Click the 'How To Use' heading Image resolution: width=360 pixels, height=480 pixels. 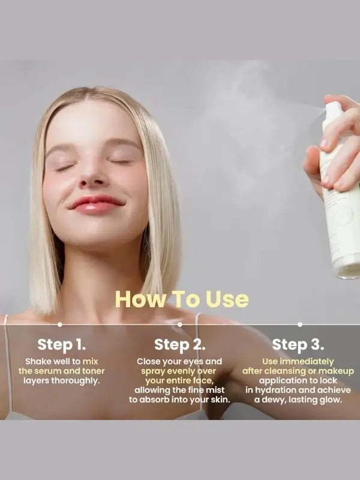click(x=181, y=299)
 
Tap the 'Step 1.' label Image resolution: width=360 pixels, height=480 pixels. click(x=62, y=344)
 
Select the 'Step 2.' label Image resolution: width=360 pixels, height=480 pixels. click(x=179, y=344)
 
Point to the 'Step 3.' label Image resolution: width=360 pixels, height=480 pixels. click(x=298, y=344)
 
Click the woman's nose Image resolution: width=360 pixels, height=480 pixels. click(x=93, y=174)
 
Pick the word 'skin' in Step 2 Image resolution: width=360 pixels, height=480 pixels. click(x=218, y=400)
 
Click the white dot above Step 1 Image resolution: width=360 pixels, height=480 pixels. click(x=59, y=324)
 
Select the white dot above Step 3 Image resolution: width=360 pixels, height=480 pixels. click(x=300, y=324)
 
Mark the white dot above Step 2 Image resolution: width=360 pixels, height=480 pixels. click(x=179, y=324)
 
